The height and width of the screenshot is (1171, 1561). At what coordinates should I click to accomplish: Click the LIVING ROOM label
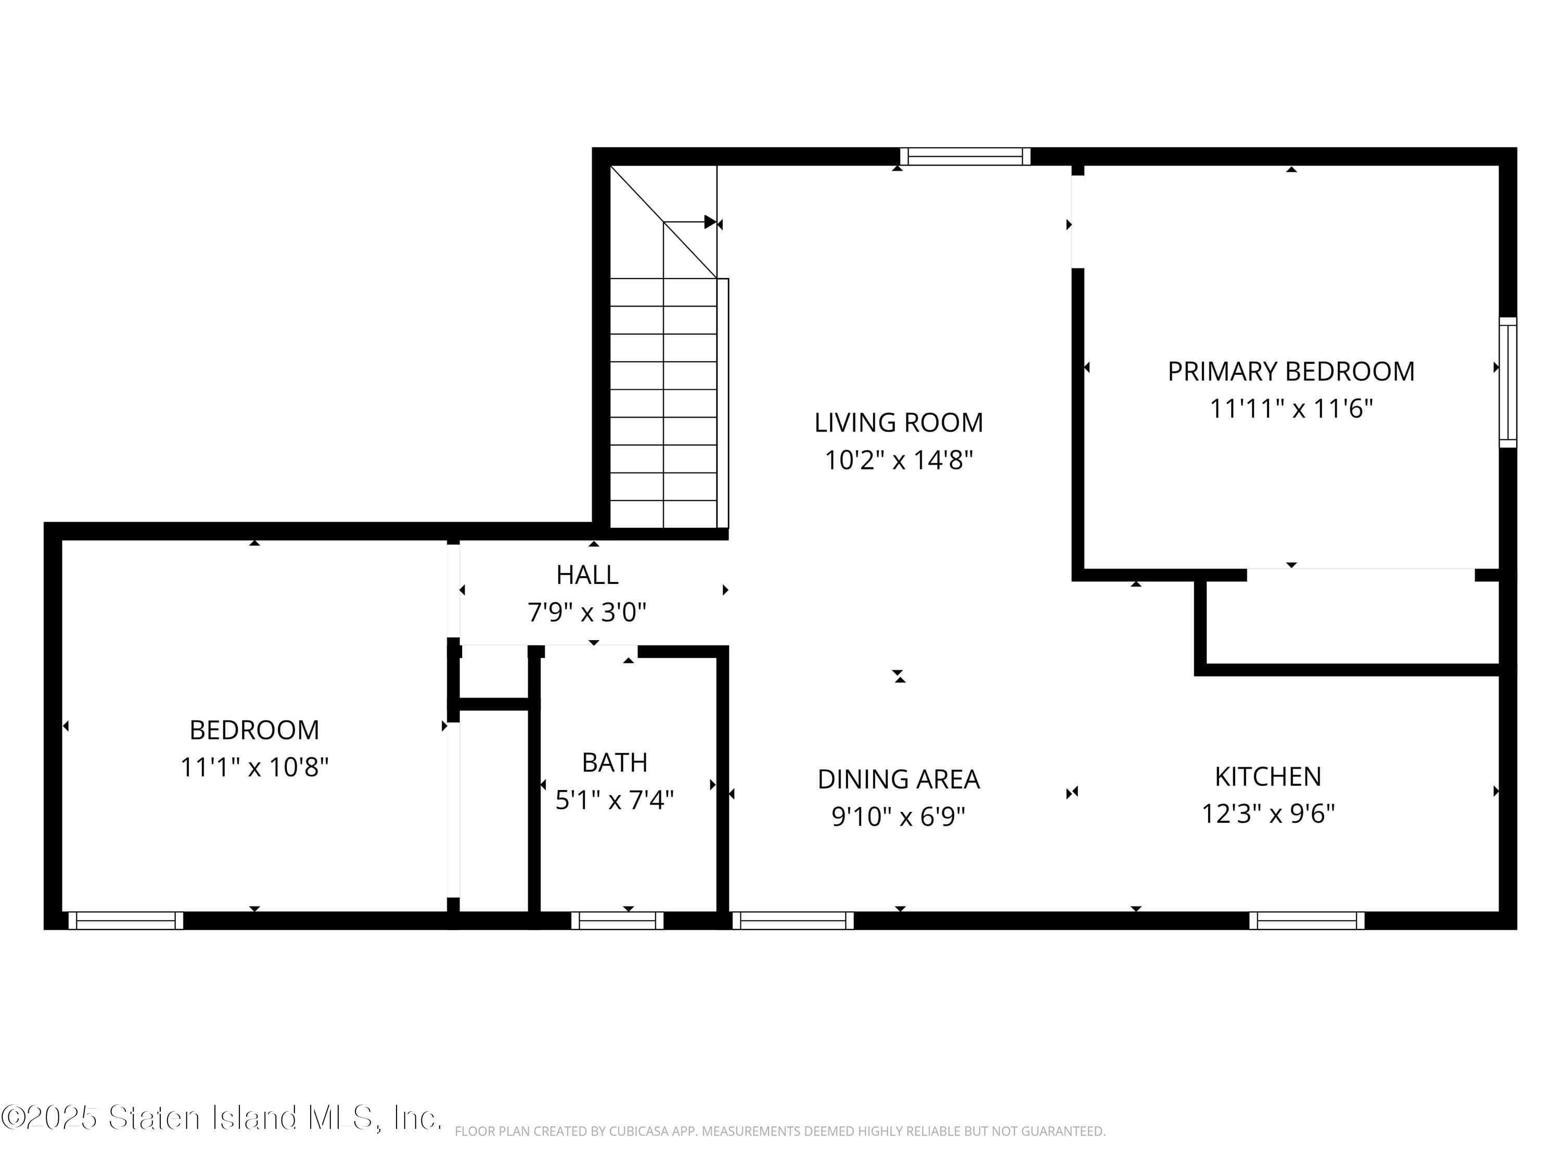coord(898,423)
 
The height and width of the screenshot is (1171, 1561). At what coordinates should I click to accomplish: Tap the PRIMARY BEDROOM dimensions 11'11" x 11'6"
coord(1291,409)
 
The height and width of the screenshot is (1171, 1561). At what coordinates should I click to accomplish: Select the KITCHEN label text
coord(1268,777)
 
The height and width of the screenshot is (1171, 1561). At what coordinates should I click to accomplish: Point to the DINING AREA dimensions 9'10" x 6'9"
coord(898,817)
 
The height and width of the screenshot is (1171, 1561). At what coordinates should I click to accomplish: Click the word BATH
coord(614,762)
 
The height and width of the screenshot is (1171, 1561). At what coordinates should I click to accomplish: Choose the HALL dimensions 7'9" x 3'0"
coord(586,612)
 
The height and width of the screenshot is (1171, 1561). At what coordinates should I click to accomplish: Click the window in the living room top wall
coord(964,157)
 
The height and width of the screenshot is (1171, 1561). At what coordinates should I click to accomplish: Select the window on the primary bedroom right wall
coord(1507,382)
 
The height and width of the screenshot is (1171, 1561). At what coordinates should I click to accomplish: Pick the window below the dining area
coord(792,921)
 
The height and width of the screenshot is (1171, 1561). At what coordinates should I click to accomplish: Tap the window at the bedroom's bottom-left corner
coord(125,921)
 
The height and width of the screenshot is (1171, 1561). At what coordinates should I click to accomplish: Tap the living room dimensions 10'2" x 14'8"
coord(898,460)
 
